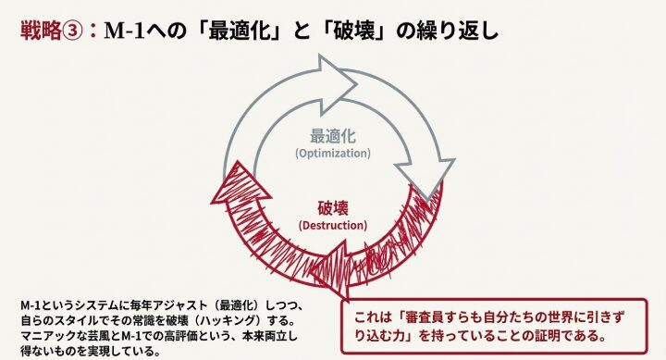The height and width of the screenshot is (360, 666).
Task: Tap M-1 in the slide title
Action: point(123,31)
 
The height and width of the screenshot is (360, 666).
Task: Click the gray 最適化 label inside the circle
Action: point(332,134)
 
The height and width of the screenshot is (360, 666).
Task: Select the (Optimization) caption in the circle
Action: point(332,152)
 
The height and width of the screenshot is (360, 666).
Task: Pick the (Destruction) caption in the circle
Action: point(332,224)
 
